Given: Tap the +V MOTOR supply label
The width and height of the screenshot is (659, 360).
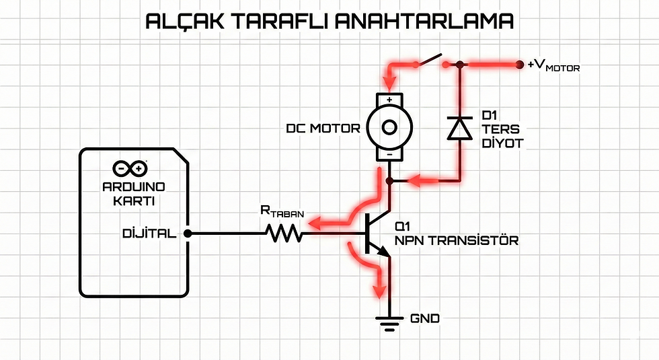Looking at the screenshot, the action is click(554, 66).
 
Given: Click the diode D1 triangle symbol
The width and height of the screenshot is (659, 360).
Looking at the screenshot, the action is click(459, 128).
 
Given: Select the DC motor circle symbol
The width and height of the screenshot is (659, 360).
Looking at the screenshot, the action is click(389, 127).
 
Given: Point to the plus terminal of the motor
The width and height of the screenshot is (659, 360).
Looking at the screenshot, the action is click(389, 100).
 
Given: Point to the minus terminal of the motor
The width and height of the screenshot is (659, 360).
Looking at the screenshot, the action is click(389, 155).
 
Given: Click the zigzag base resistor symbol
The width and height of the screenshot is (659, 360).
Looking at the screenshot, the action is click(284, 233).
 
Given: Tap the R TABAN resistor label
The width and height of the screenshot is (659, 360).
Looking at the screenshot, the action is click(282, 211).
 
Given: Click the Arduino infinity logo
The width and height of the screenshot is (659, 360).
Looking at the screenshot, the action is click(130, 169).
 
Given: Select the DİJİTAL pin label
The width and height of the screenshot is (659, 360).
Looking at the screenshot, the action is click(149, 233).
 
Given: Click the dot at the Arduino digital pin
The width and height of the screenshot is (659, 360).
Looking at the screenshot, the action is click(188, 233).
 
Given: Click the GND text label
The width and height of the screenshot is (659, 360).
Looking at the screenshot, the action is click(425, 318).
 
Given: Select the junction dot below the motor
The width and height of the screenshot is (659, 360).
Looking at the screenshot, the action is click(389, 181).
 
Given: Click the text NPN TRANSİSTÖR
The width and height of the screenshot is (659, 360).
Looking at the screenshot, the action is click(457, 241).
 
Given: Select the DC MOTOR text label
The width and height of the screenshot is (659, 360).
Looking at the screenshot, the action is click(323, 129).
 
